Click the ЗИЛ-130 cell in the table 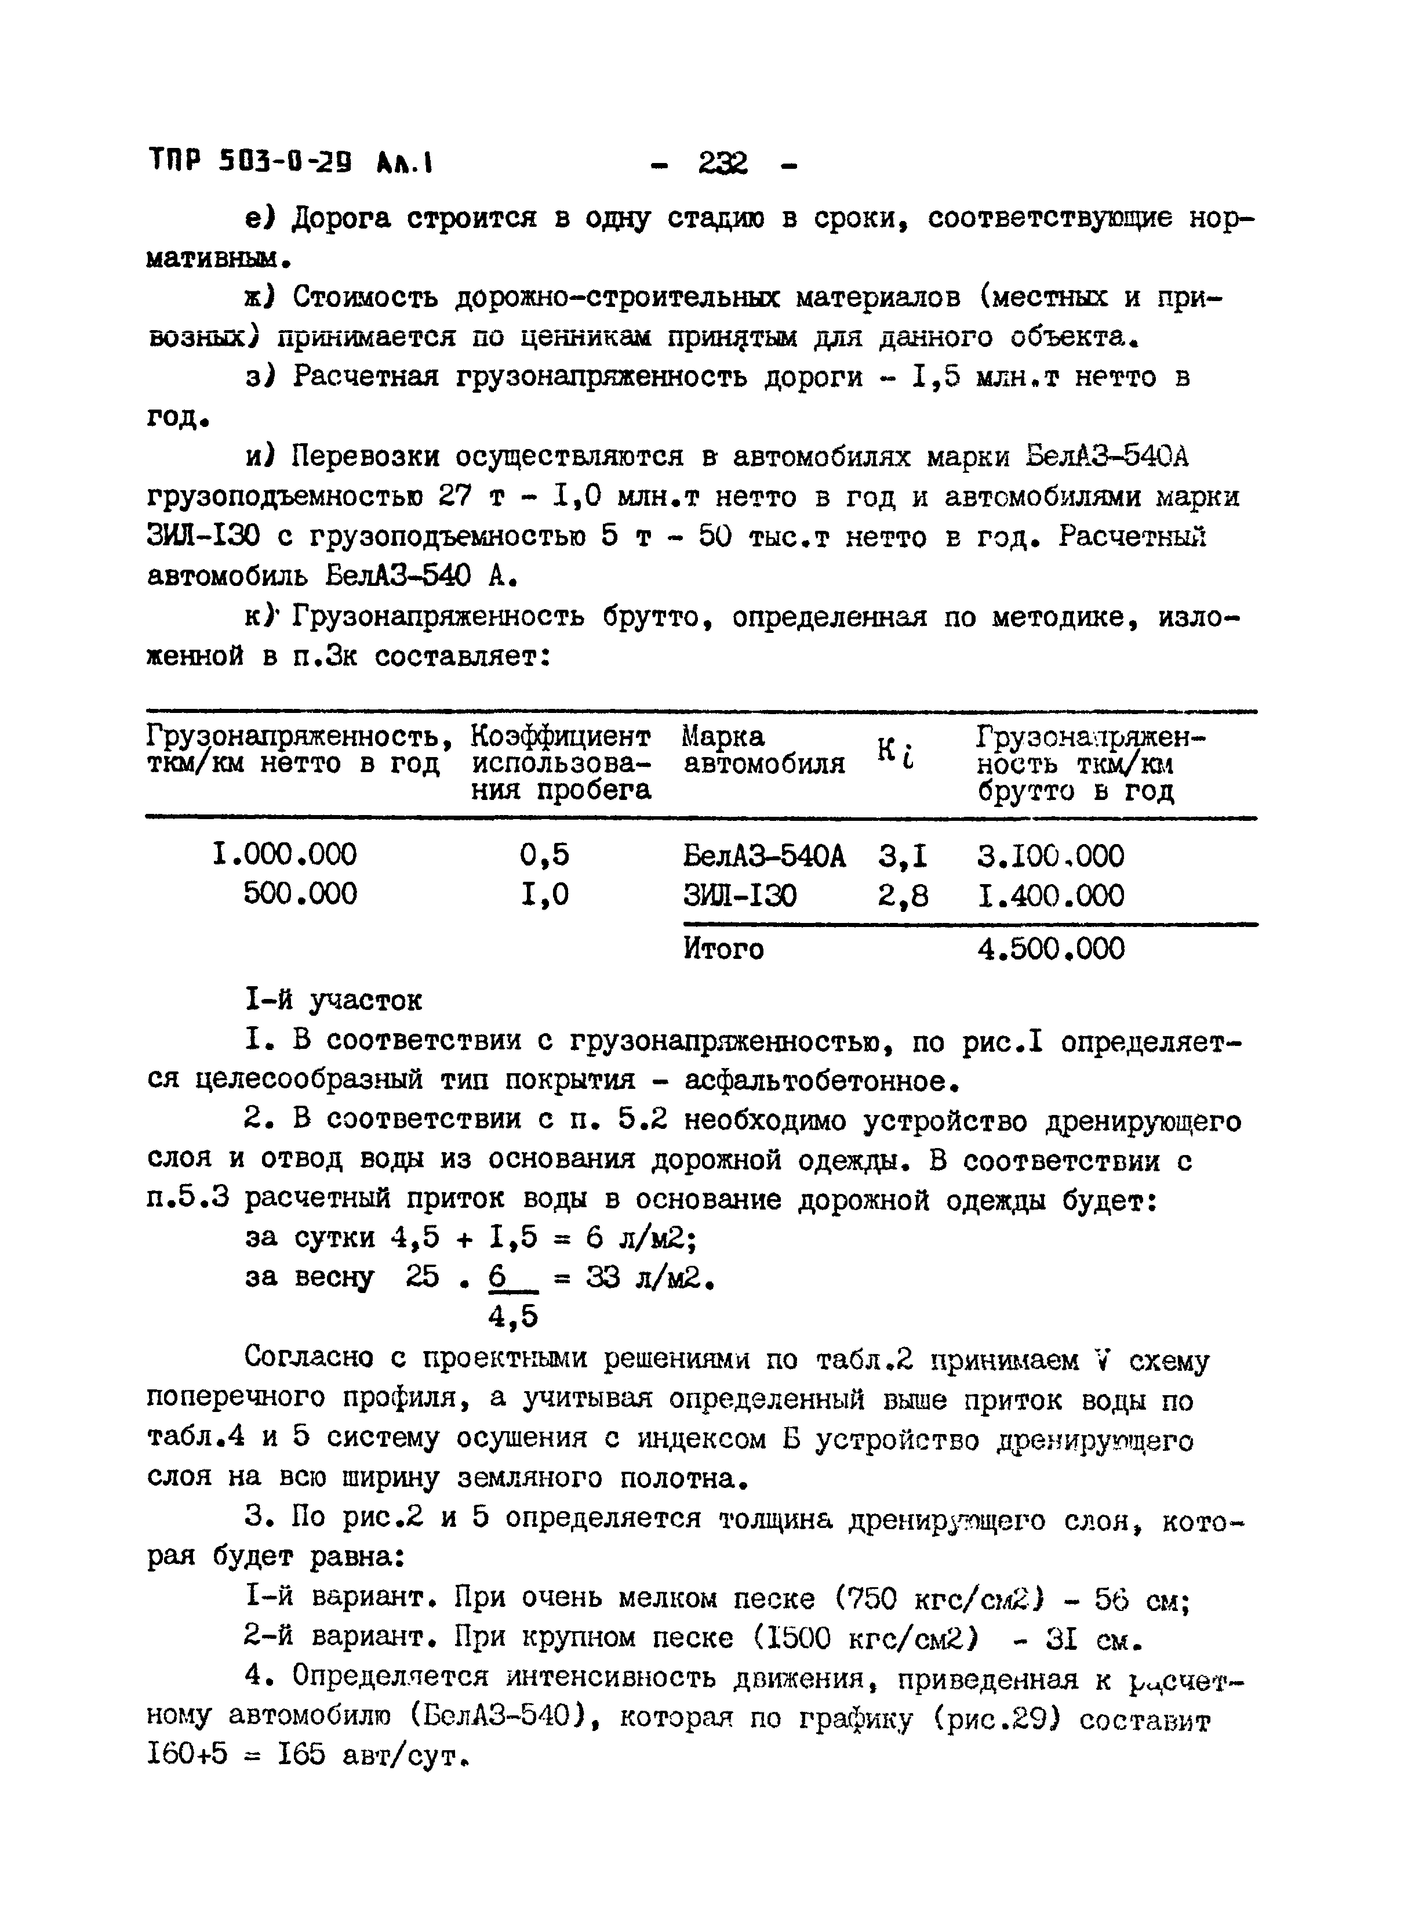[x=740, y=895]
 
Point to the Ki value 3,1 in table [x=903, y=855]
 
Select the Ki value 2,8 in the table [x=903, y=895]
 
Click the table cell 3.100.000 [x=1050, y=855]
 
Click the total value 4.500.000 [x=1050, y=949]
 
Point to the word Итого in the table [x=723, y=949]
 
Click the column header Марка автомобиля [x=763, y=750]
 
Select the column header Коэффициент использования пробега [x=562, y=763]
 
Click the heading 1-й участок [x=333, y=1001]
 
